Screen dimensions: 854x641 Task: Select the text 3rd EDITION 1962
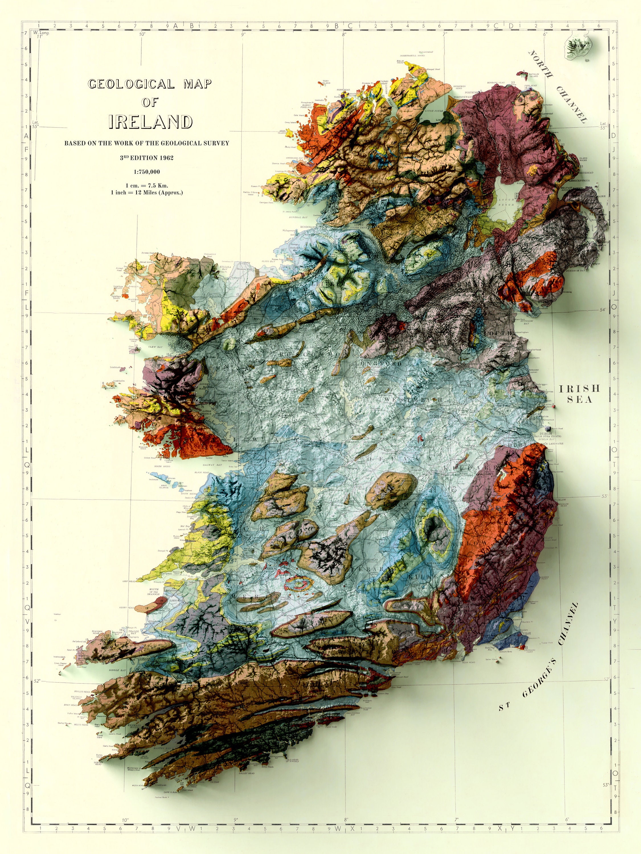click(x=146, y=157)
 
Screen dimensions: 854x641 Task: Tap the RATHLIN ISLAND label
click(x=534, y=75)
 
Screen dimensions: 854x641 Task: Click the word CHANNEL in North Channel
click(x=571, y=104)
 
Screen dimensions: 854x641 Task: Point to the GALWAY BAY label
click(x=213, y=465)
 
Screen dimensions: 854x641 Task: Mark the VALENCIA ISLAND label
click(x=76, y=698)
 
